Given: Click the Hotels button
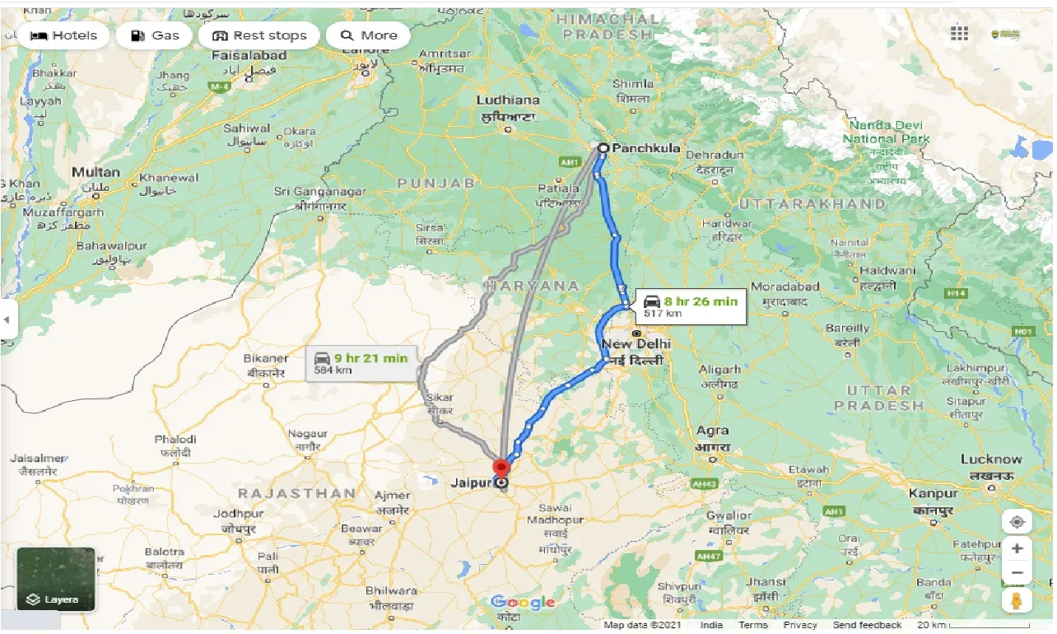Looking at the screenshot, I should pyautogui.click(x=63, y=35).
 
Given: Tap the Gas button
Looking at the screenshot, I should pyautogui.click(x=154, y=35).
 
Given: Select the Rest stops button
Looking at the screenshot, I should pyautogui.click(x=259, y=35).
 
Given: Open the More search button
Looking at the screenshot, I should pyautogui.click(x=368, y=35).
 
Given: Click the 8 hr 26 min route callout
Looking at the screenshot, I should pyautogui.click(x=689, y=306).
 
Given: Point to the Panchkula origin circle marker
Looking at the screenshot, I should pyautogui.click(x=603, y=149).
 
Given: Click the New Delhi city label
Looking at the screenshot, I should pyautogui.click(x=636, y=344).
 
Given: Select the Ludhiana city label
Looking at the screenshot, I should pyautogui.click(x=508, y=100).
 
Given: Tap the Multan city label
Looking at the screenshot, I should pyautogui.click(x=95, y=172).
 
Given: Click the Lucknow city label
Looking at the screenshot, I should pyautogui.click(x=991, y=459).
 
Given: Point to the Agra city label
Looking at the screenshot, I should pyautogui.click(x=712, y=431).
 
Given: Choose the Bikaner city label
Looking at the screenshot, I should pyautogui.click(x=266, y=359).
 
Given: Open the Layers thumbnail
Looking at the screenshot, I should pyautogui.click(x=56, y=579).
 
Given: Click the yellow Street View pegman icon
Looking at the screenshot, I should pyautogui.click(x=1017, y=600).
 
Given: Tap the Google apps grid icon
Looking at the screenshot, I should pyautogui.click(x=959, y=34).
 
